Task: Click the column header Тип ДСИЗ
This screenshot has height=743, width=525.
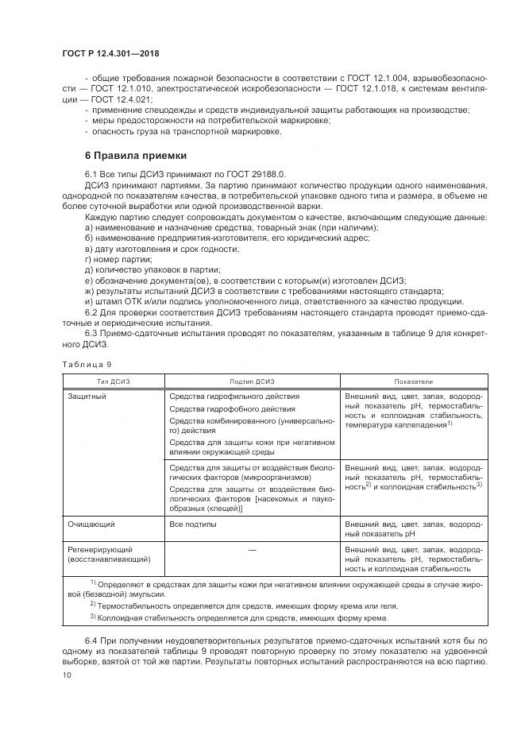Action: (x=113, y=381)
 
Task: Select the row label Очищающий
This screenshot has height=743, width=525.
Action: (x=89, y=525)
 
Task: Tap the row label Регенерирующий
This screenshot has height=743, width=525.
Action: (x=98, y=549)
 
